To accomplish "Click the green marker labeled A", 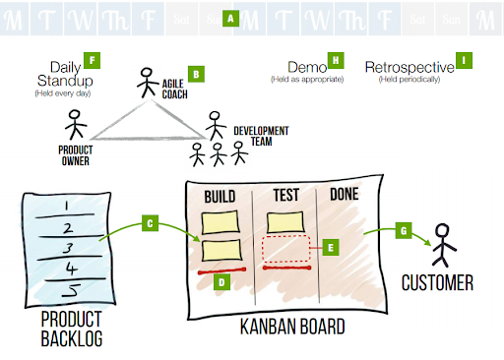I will click(230, 18).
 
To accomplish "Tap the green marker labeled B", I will click(196, 74).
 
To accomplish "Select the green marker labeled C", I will click(151, 223).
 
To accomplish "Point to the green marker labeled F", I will click(93, 59).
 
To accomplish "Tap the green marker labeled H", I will click(336, 60).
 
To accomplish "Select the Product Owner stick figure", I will click(74, 126).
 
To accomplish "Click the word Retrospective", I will click(409, 67).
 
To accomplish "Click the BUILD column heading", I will click(220, 196).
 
